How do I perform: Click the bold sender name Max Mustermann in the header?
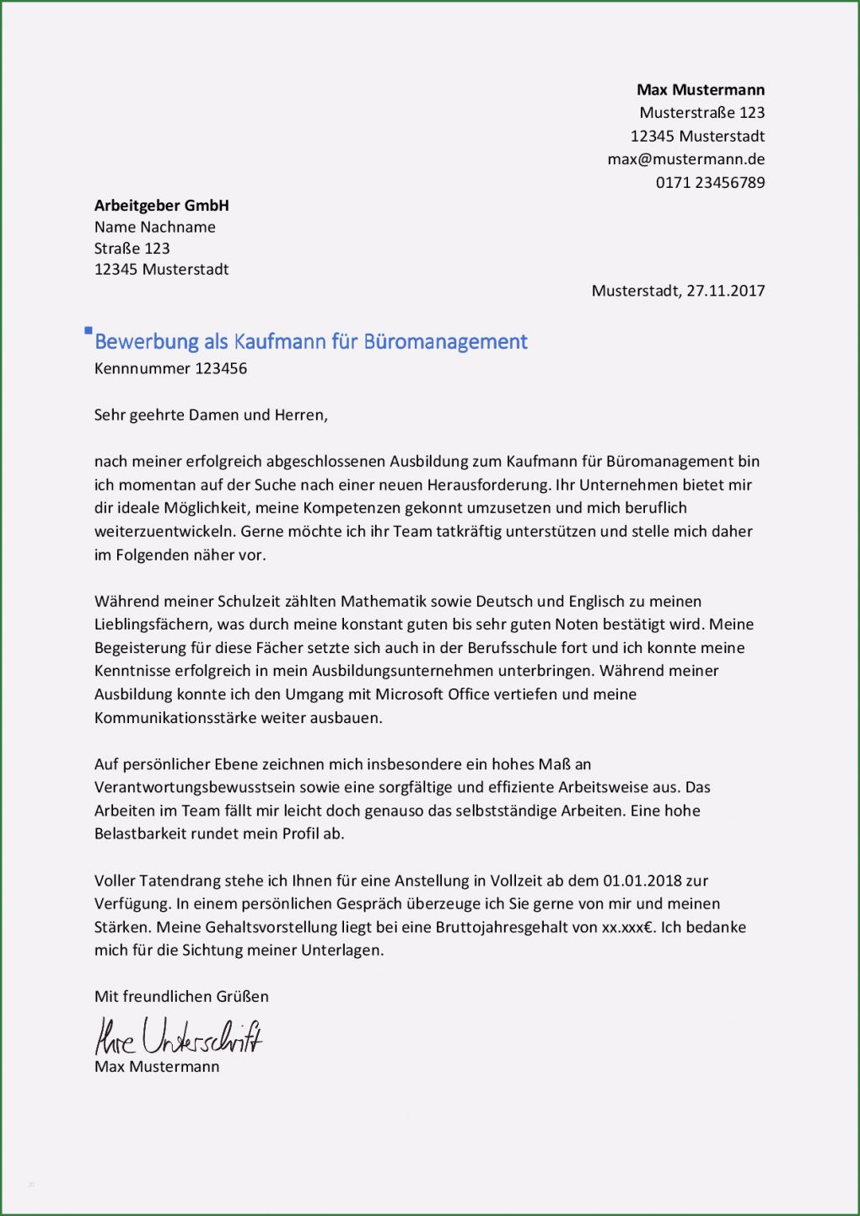[x=701, y=90]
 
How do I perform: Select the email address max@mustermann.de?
[x=685, y=159]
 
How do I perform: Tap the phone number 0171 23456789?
[x=710, y=183]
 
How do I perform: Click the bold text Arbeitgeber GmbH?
[x=161, y=206]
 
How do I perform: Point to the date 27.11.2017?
[x=725, y=291]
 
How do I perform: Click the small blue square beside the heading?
[x=89, y=331]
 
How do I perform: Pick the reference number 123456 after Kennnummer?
[x=221, y=368]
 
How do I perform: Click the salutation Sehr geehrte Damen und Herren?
[x=211, y=415]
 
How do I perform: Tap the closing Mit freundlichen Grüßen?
[x=181, y=997]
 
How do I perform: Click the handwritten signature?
[x=178, y=1037]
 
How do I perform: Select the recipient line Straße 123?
[x=132, y=249]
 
